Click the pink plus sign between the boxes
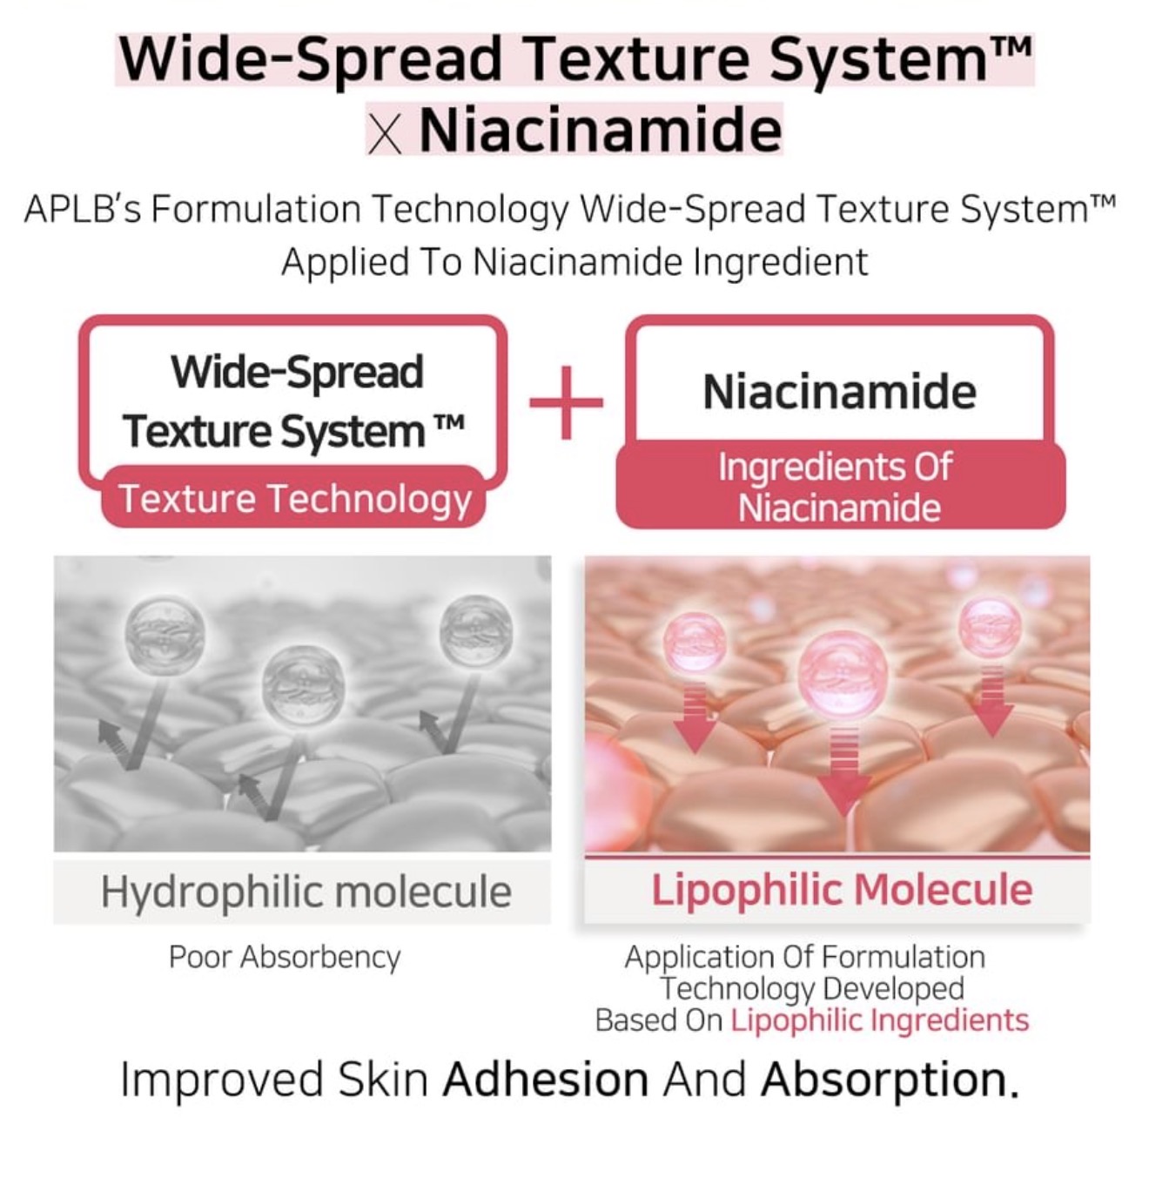(x=567, y=402)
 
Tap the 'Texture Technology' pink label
(x=294, y=496)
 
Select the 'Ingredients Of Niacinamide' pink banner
(x=841, y=485)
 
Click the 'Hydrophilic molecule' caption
(x=306, y=892)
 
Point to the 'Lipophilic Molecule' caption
(x=842, y=891)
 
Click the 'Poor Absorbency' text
(x=285, y=957)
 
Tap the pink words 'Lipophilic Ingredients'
(x=880, y=1020)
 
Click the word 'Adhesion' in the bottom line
(x=546, y=1080)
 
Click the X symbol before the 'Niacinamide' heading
(x=385, y=136)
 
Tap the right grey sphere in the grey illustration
(x=476, y=630)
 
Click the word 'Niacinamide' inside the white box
(x=840, y=392)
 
